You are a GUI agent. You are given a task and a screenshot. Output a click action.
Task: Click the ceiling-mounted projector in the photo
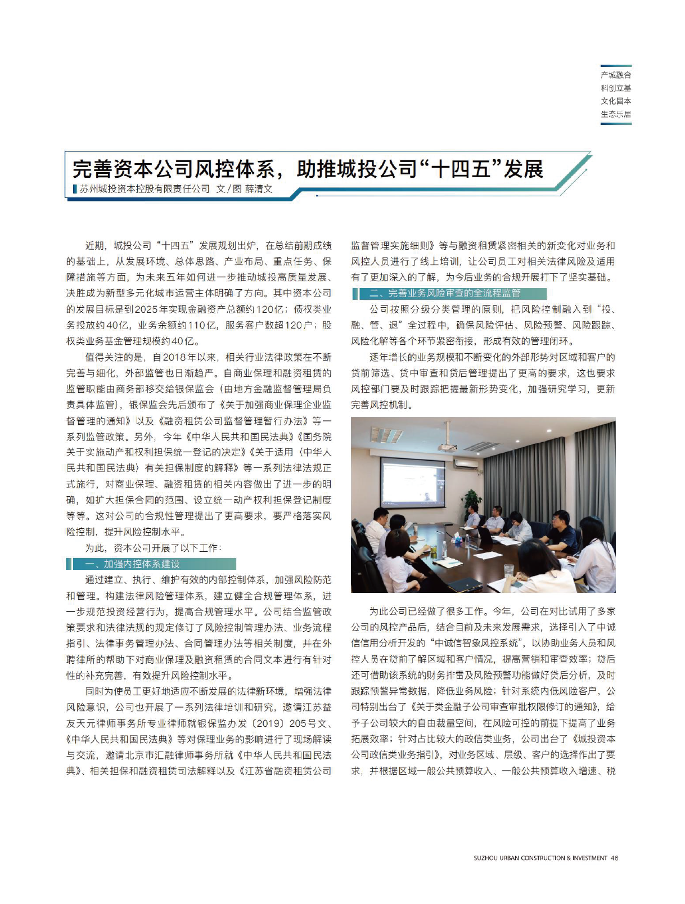tap(448, 447)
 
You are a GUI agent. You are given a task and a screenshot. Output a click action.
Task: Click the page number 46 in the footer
tap(615, 858)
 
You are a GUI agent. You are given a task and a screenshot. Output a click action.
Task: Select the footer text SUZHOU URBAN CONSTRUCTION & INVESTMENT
tap(540, 858)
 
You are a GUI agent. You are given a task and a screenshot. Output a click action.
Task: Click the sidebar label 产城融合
tap(616, 75)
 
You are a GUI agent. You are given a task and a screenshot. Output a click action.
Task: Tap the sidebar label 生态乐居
tap(616, 114)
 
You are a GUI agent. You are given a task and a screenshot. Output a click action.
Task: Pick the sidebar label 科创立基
tap(616, 88)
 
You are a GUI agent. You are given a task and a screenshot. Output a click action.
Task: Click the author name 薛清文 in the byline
tap(259, 189)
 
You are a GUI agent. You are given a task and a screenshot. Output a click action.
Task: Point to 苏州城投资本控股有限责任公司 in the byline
tap(145, 189)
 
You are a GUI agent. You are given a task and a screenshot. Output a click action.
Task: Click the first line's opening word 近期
tap(94, 246)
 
